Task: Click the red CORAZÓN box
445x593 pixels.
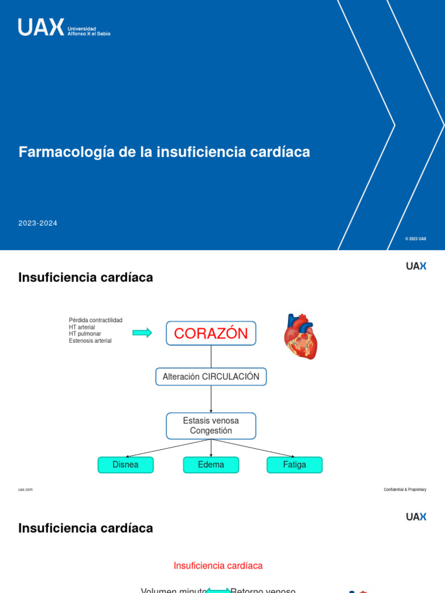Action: [x=211, y=334]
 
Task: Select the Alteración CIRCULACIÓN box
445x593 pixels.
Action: [x=211, y=377]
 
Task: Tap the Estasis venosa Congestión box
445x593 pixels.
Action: [x=211, y=426]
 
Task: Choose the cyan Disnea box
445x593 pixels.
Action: [x=126, y=465]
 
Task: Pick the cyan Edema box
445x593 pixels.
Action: [x=211, y=465]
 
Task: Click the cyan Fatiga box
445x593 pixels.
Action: [x=294, y=465]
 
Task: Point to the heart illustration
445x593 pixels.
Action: [x=301, y=336]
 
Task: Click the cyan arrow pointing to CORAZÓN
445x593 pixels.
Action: [x=142, y=332]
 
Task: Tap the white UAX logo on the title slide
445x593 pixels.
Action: [x=41, y=27]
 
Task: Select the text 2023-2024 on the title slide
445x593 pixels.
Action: [x=38, y=223]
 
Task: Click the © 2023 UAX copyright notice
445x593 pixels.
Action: [x=415, y=239]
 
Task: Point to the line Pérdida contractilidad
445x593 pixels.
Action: [x=96, y=320]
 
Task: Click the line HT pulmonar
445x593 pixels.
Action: [x=85, y=334]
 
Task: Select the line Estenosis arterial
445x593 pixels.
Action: [x=90, y=341]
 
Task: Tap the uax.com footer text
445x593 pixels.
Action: [x=25, y=489]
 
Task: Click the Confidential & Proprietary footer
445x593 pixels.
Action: [x=404, y=489]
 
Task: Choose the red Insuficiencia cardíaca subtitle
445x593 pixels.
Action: [x=218, y=566]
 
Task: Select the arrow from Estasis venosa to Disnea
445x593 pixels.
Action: [x=168, y=448]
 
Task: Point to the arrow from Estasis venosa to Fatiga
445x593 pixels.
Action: [x=254, y=448]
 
